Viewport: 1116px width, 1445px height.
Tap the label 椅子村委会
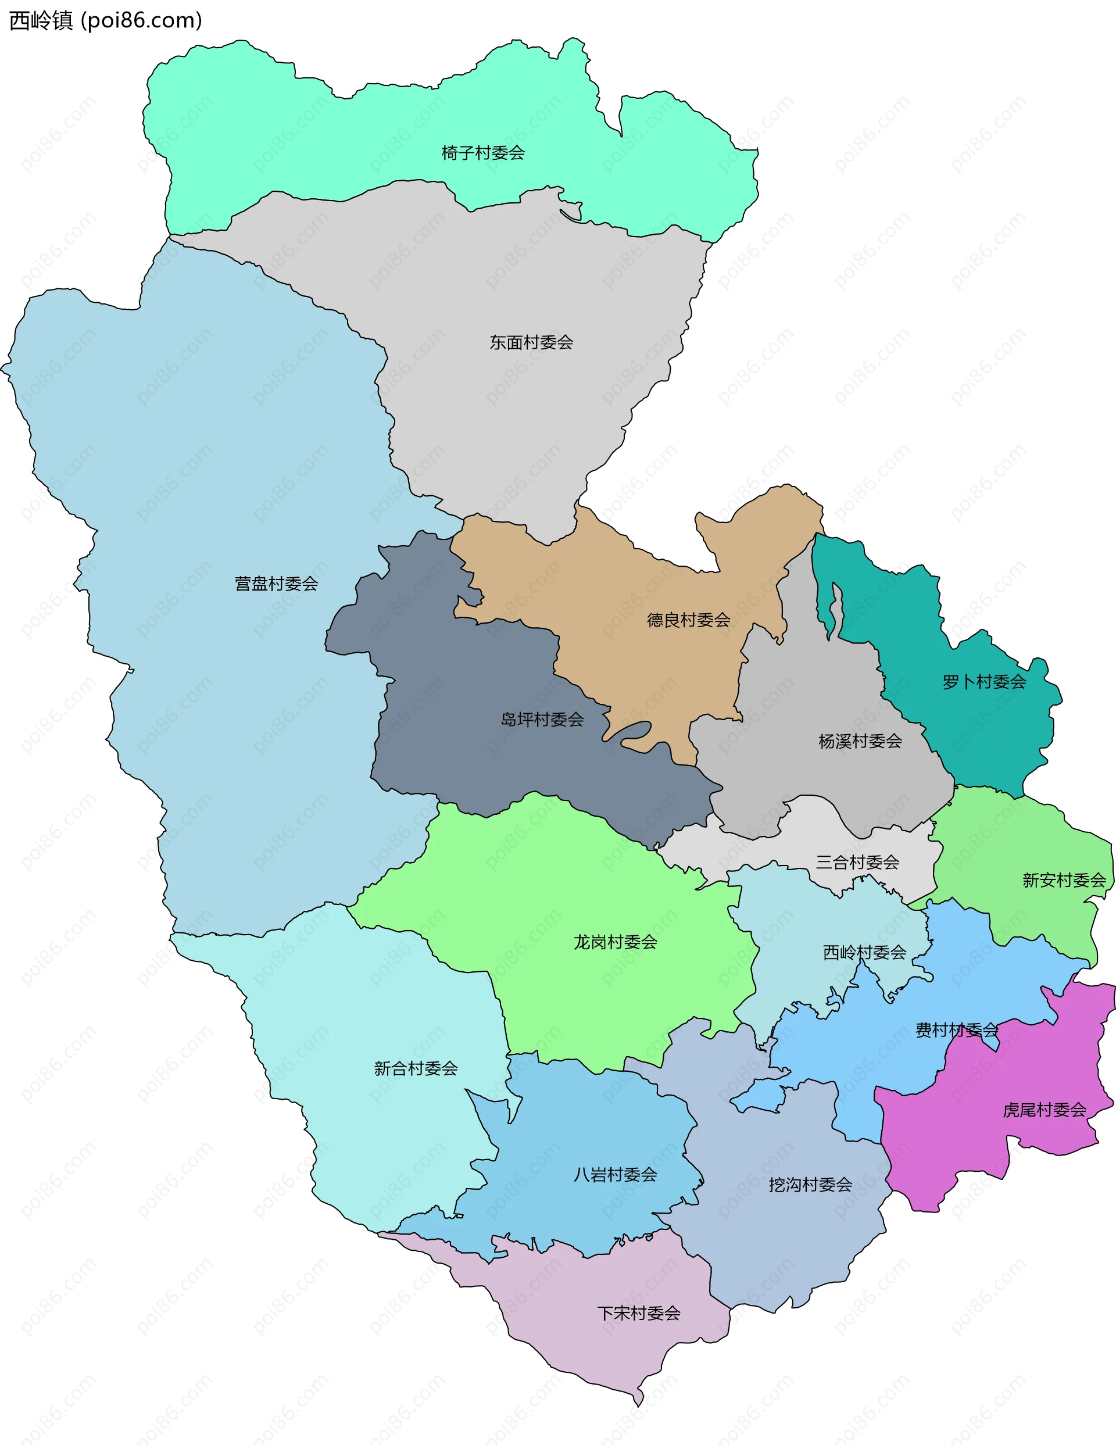483,153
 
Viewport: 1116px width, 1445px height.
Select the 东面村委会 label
531,342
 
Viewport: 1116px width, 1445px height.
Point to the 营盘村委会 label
277,584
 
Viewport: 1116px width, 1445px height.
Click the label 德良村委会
688,620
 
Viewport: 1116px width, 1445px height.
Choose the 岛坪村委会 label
542,719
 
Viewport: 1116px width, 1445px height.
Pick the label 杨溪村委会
860,741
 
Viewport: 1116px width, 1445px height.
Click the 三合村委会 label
857,862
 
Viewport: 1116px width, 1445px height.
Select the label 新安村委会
1064,880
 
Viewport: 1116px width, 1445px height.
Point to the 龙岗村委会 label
615,942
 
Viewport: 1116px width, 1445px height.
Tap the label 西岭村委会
864,952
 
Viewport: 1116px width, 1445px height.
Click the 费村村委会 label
957,1030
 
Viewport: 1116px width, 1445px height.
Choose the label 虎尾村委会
1044,1110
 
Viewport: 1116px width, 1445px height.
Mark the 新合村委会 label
416,1068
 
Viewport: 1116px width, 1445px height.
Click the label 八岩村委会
615,1174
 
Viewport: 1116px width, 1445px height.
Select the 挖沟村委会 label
810,1185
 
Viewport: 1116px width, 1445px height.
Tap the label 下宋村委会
638,1313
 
